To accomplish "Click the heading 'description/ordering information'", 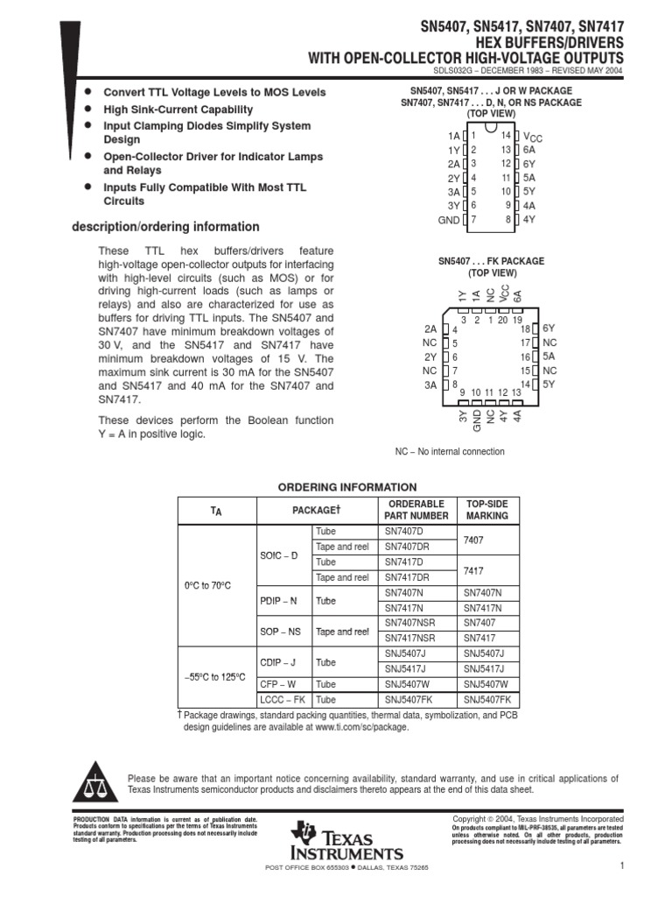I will (x=164, y=227).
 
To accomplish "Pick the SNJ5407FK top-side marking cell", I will (x=486, y=700).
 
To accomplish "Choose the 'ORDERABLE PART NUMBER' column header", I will (x=416, y=510).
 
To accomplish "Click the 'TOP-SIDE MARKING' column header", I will (x=486, y=510).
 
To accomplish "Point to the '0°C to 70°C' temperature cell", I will (x=207, y=584).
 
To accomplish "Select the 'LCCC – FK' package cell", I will (x=282, y=700).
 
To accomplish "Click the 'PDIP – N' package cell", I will (x=279, y=601).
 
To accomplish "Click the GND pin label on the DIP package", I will (x=448, y=220).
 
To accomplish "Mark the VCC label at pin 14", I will (x=532, y=137).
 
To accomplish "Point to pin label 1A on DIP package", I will (x=452, y=136).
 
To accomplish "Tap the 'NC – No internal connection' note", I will (x=450, y=452).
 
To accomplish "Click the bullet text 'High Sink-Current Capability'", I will (x=178, y=109).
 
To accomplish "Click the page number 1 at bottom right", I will (x=619, y=866).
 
